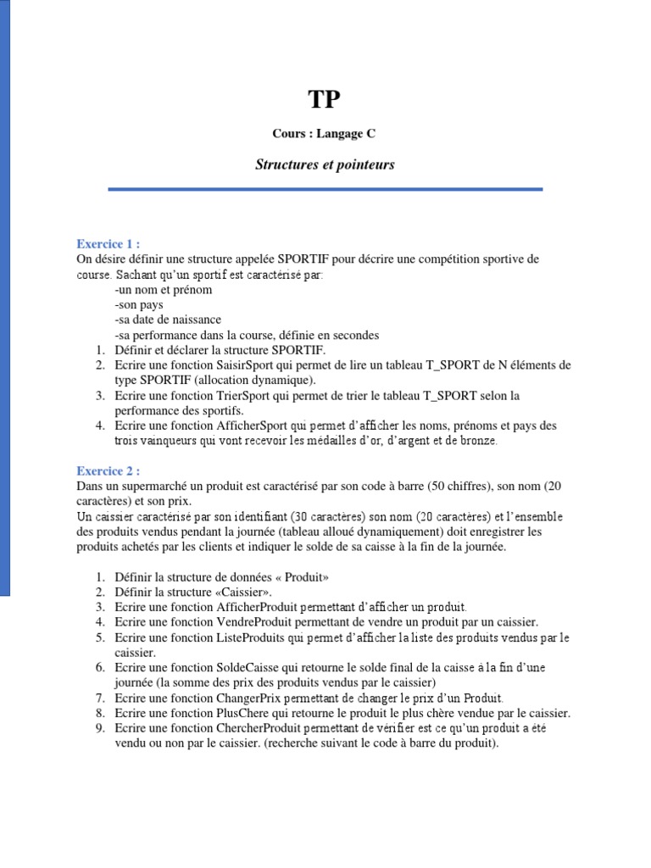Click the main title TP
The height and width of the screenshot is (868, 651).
[x=325, y=100]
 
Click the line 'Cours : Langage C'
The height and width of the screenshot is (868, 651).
[x=325, y=133]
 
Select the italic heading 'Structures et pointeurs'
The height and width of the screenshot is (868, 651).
[x=325, y=164]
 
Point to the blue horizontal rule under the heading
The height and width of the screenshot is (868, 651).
[x=325, y=190]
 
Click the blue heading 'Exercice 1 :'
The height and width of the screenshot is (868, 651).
[x=108, y=242]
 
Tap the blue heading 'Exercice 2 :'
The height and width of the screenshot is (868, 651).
[x=108, y=470]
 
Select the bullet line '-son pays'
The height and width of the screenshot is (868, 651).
[x=138, y=304]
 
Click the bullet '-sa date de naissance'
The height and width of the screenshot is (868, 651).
[x=167, y=320]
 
